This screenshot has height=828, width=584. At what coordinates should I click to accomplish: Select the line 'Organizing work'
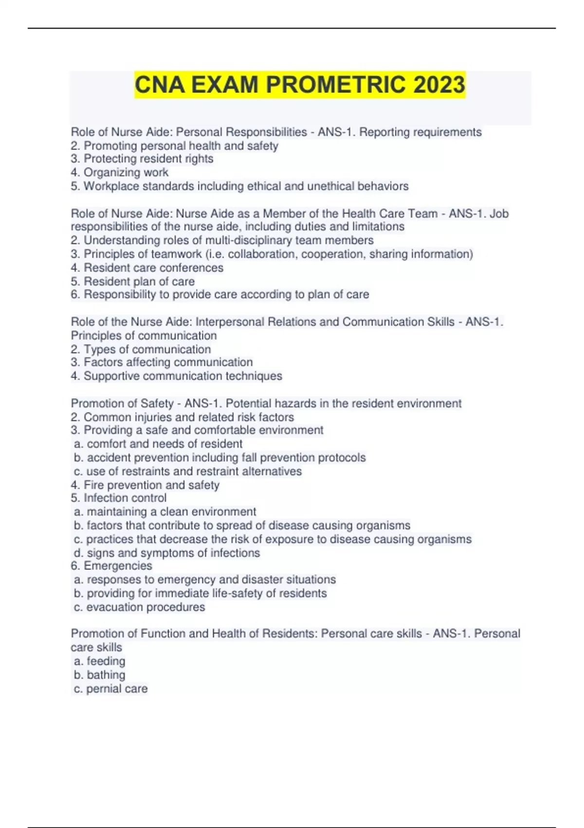(126, 172)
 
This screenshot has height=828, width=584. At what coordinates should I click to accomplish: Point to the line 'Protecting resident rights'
(148, 159)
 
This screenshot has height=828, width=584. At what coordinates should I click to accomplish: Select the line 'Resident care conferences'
(153, 267)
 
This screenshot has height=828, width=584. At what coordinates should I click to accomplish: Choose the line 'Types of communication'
(147, 349)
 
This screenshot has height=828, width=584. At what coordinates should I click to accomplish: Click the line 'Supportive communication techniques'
(182, 376)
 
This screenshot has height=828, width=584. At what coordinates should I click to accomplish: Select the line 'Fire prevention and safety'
(151, 485)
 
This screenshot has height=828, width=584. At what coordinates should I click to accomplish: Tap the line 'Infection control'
(125, 498)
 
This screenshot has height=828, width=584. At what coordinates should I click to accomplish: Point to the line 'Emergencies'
(118, 565)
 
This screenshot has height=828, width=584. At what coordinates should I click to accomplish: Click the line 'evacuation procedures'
(146, 607)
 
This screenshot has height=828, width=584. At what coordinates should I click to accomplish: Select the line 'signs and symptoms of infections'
(173, 553)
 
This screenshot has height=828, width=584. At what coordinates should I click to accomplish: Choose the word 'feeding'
(106, 661)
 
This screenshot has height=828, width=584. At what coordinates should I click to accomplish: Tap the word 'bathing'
(106, 675)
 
